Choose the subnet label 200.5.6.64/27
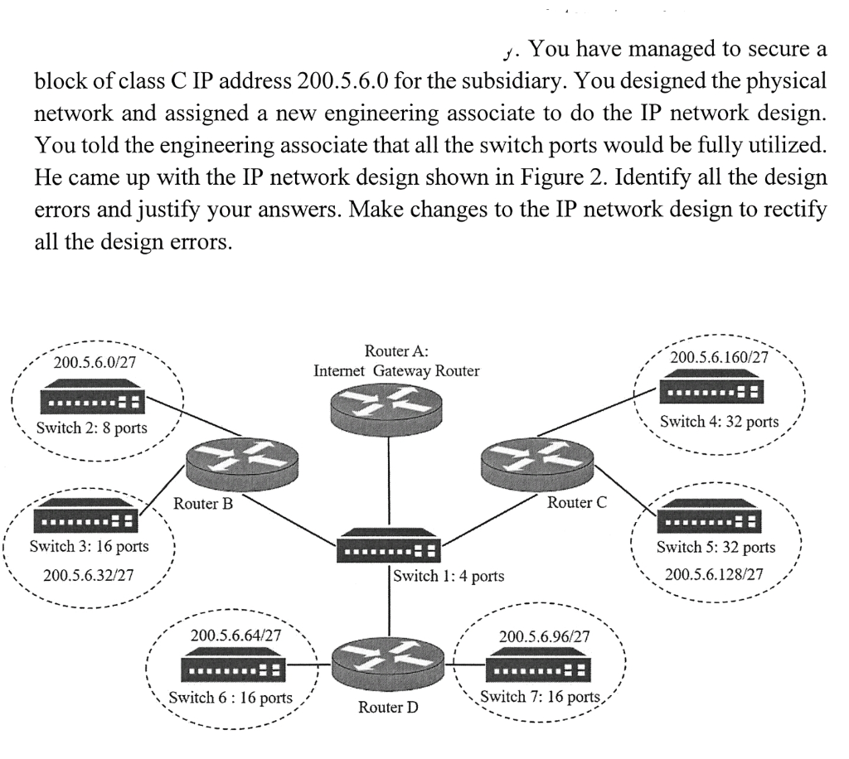pyautogui.click(x=235, y=636)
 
